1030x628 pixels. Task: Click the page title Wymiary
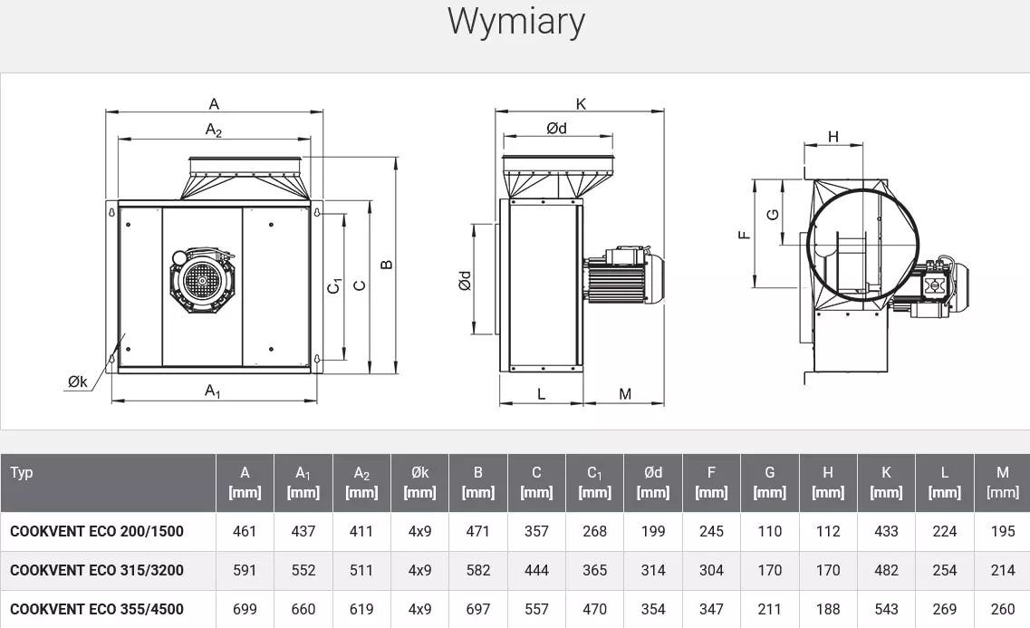click(515, 22)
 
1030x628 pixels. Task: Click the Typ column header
click(22, 472)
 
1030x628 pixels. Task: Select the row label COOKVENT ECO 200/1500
click(97, 531)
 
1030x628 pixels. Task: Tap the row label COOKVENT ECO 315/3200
click(97, 570)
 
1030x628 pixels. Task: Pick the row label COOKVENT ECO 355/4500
click(97, 609)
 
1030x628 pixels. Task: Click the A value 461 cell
click(245, 531)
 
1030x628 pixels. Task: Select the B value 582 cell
click(477, 570)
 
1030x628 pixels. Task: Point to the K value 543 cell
click(886, 609)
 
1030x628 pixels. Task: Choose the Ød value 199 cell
click(653, 531)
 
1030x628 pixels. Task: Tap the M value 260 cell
click(1003, 609)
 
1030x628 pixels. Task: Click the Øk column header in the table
click(419, 482)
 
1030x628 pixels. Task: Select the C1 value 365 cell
click(594, 570)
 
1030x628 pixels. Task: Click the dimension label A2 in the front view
click(214, 130)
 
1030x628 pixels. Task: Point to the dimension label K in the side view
click(581, 104)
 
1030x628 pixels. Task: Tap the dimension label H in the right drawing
click(833, 137)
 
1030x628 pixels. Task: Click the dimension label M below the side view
click(625, 394)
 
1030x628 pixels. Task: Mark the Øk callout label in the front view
click(77, 382)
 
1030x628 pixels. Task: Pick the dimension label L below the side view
click(541, 394)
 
